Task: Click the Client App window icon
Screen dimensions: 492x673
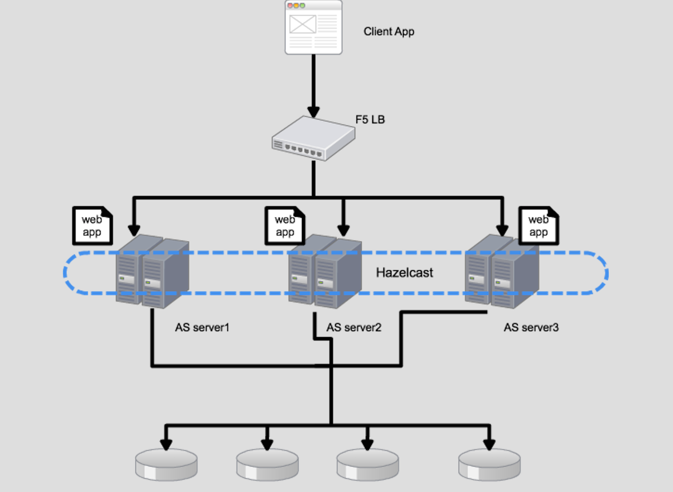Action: (313, 28)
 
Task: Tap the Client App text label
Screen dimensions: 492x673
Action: (389, 31)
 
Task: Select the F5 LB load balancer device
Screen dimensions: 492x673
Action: (313, 138)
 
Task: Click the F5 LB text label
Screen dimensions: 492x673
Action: (370, 119)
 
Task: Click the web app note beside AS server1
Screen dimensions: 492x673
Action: (92, 226)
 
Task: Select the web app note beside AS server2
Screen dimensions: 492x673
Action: (285, 226)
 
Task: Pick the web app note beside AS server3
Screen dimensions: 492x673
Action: (538, 226)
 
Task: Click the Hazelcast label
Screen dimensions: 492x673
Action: (404, 273)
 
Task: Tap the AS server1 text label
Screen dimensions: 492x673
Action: (202, 327)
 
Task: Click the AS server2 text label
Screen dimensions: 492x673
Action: (354, 327)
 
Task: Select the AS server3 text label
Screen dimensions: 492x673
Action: (531, 327)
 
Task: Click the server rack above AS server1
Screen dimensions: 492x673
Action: (152, 272)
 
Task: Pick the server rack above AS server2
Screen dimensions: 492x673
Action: (325, 272)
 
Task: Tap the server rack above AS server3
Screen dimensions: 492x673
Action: (502, 272)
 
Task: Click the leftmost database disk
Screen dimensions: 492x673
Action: (166, 464)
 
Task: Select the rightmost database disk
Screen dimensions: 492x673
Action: (489, 464)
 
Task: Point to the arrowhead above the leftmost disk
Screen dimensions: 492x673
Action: (166, 444)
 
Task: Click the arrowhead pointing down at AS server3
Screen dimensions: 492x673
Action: (502, 230)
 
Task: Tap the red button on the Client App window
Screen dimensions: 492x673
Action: (290, 5)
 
